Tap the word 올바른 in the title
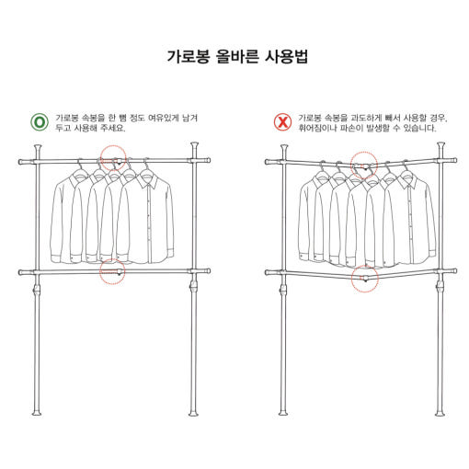[237, 56]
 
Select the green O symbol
[40, 122]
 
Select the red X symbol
[282, 122]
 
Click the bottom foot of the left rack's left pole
[37, 413]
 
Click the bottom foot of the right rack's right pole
[440, 413]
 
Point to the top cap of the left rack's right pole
[194, 145]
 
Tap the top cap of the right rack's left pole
[284, 148]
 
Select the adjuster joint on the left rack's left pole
[37, 290]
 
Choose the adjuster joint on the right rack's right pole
[440, 287]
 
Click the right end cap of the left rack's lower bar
[207, 271]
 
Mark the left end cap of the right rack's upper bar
[269, 162]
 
